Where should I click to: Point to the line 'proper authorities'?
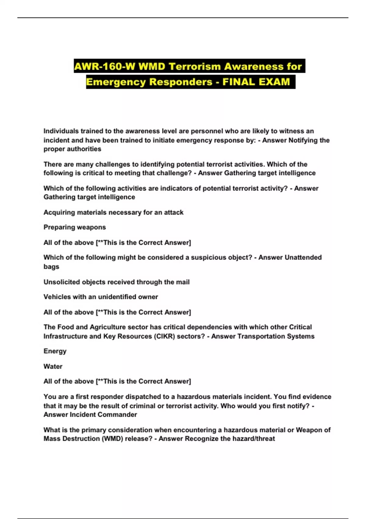[x=72, y=149]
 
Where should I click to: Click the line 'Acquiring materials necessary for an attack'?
[x=113, y=212]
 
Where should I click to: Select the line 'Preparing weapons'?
[x=75, y=227]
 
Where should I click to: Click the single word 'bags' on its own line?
[x=51, y=267]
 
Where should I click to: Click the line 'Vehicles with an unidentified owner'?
[x=101, y=297]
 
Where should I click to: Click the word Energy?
[x=55, y=351]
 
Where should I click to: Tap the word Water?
[x=53, y=366]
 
